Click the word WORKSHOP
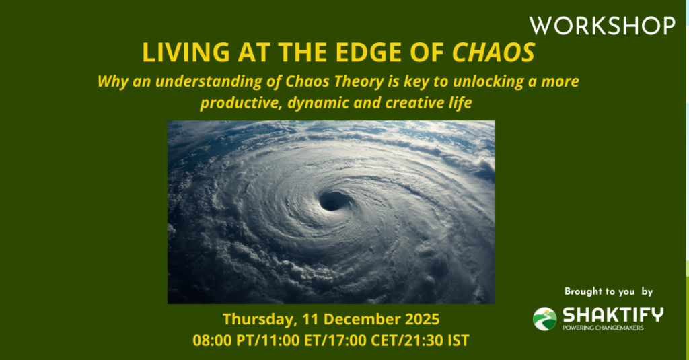coord(602,26)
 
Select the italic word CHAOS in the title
coord(494,52)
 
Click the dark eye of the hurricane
coord(334,201)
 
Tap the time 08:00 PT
coord(225,340)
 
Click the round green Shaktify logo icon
coord(545,319)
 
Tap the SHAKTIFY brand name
coord(613,315)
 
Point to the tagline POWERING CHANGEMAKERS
coord(603,328)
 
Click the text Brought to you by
coord(608,291)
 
